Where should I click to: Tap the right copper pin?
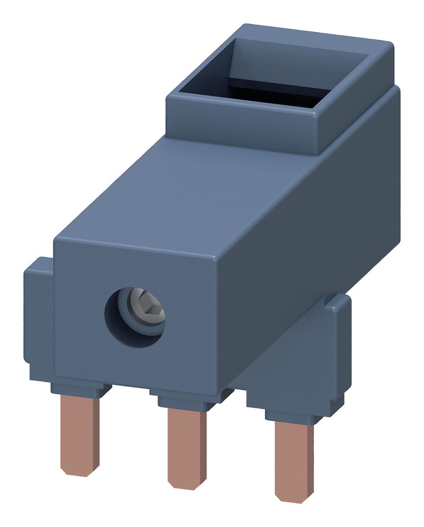[293, 459]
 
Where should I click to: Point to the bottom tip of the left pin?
[80, 472]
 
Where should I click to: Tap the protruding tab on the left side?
[38, 314]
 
